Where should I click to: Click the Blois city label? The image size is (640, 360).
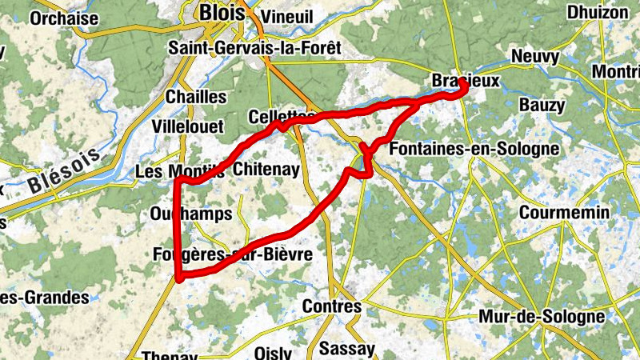(223, 12)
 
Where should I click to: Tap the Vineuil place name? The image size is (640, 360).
(288, 17)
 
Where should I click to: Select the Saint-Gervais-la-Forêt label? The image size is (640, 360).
(254, 48)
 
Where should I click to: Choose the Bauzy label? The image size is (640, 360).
(542, 105)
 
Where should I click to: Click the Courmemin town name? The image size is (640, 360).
(564, 213)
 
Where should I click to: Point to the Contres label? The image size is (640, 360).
(332, 306)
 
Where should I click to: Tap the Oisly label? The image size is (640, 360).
(273, 352)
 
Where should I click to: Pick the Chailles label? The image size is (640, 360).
(196, 96)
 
